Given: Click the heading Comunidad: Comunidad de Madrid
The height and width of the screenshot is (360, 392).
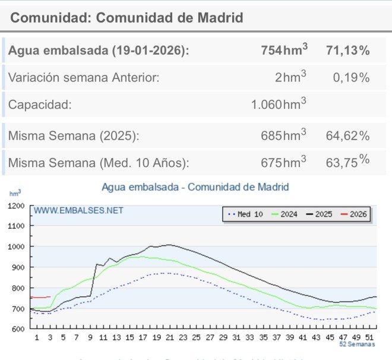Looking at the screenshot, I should (127, 18).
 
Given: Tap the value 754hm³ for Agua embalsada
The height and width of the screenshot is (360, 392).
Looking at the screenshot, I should (284, 50).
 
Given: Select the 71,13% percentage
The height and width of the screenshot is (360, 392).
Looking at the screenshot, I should (347, 50).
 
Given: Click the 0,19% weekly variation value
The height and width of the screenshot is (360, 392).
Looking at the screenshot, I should (351, 78).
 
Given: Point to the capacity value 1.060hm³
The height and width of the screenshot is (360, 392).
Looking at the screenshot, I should (279, 105).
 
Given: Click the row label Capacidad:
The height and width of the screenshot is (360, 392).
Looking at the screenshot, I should (40, 105).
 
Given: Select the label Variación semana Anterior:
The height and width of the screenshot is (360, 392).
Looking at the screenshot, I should (84, 78).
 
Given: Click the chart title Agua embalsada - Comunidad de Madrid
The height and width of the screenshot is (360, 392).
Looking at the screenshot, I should (195, 187).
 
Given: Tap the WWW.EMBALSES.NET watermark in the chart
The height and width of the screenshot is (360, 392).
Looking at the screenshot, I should (78, 210).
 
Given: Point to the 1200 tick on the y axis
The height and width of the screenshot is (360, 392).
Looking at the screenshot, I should (15, 206).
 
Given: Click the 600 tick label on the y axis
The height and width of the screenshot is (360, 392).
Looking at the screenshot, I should (17, 329).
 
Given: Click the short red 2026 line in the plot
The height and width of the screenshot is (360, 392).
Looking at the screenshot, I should (40, 297).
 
